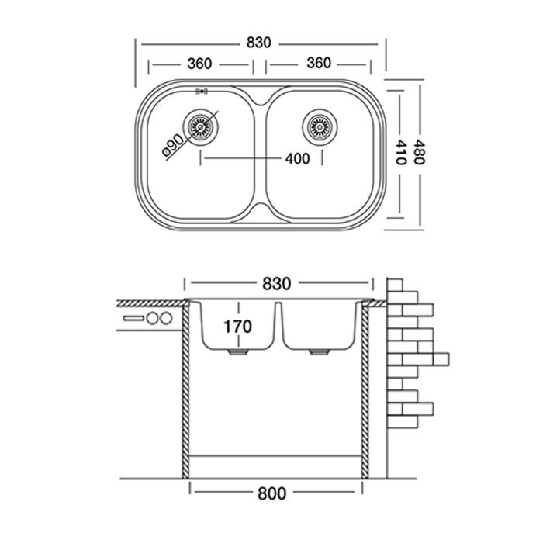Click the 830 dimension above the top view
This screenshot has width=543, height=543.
(258, 43)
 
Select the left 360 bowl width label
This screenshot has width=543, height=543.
(199, 64)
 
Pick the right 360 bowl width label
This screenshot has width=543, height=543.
(319, 63)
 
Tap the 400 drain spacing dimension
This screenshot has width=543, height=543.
(297, 158)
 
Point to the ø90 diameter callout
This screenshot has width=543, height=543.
(172, 144)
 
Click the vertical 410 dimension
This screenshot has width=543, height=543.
(400, 152)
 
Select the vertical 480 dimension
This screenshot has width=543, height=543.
(420, 152)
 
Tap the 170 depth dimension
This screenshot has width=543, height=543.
(237, 327)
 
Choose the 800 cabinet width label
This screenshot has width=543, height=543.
(271, 493)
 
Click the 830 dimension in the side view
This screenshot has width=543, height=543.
(277, 284)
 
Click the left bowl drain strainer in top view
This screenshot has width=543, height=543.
(200, 126)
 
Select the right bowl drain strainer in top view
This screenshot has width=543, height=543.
(320, 126)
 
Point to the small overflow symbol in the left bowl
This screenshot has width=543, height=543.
(202, 92)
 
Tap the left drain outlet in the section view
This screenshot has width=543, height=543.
(238, 352)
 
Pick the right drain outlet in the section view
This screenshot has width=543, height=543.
(320, 352)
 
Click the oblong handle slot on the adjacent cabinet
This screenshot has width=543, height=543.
(133, 318)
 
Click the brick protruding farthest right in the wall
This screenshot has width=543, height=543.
(441, 359)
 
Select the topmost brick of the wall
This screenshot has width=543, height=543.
(395, 285)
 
